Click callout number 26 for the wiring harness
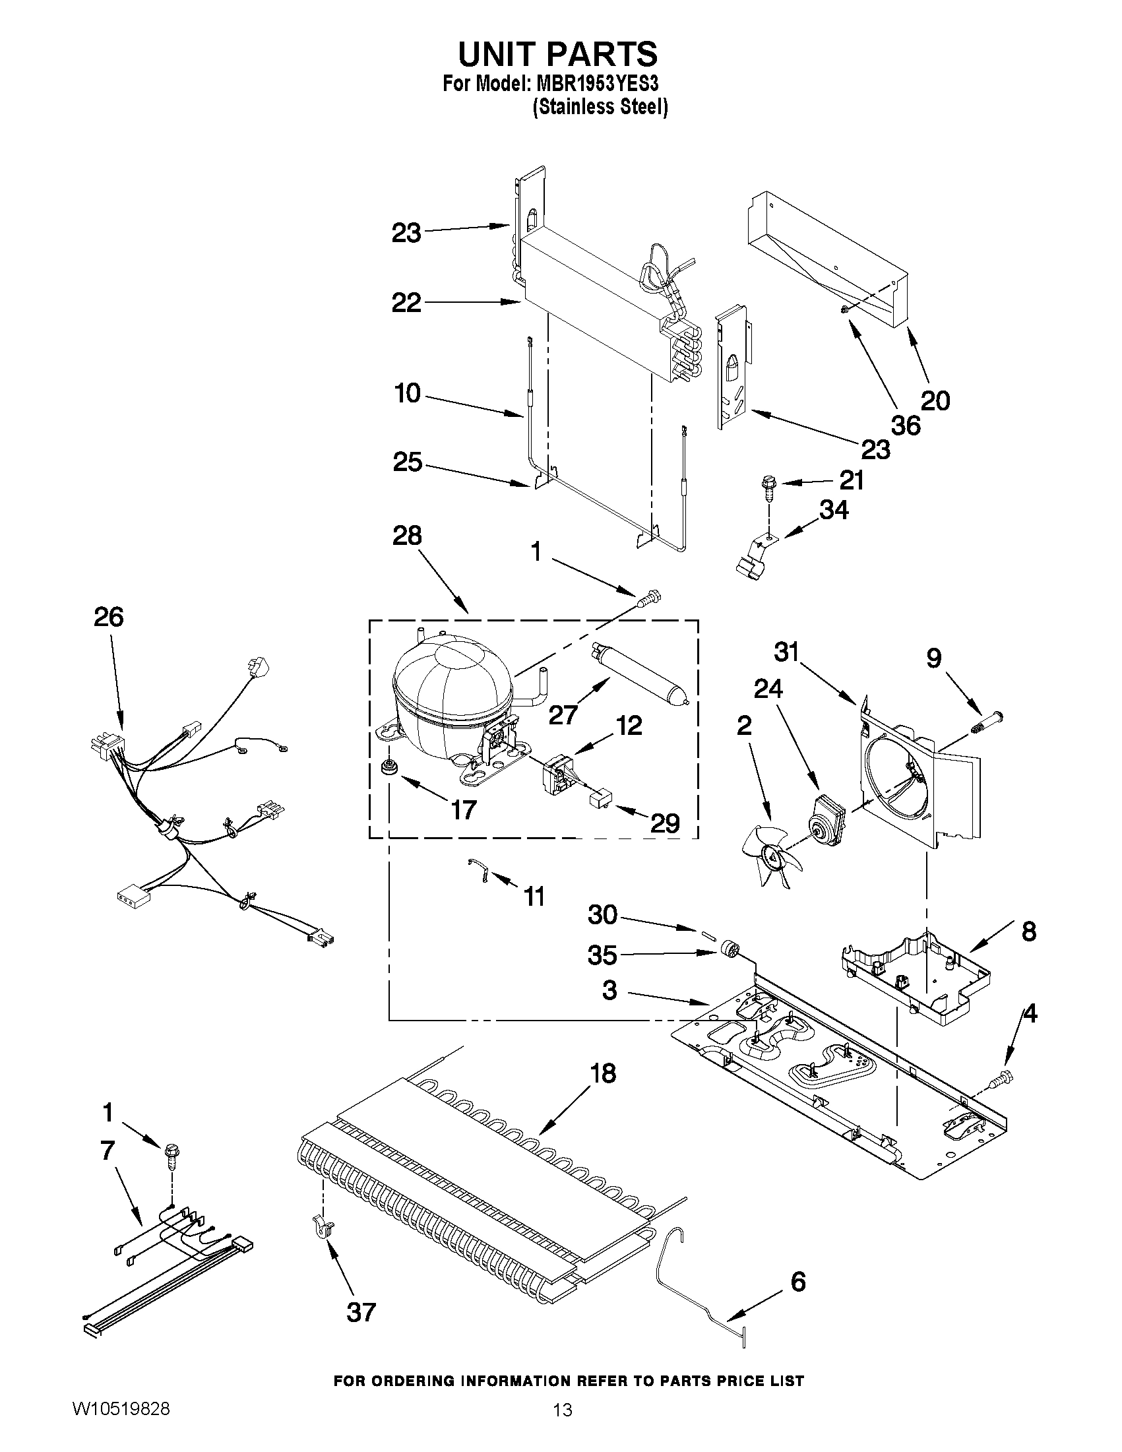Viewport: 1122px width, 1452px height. pyautogui.click(x=108, y=617)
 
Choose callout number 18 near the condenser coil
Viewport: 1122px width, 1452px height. pyautogui.click(x=603, y=1074)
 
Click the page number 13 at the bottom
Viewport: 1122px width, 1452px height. pyautogui.click(x=563, y=1426)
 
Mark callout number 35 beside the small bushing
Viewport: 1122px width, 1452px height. pyautogui.click(x=603, y=956)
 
